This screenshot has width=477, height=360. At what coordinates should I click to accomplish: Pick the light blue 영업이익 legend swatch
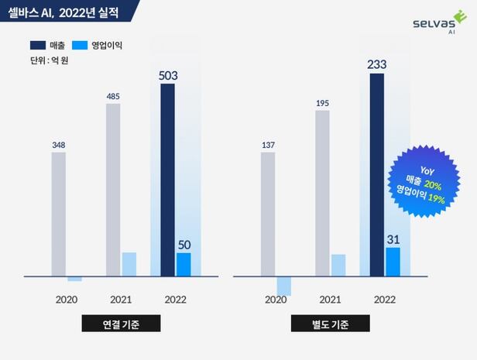(x=80, y=46)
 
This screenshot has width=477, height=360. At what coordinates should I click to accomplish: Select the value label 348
(x=59, y=144)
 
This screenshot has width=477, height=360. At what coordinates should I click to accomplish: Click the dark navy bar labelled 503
(x=167, y=179)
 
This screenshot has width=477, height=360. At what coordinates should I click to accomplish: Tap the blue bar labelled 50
(x=184, y=264)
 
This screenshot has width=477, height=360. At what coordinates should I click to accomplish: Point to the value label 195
(x=322, y=103)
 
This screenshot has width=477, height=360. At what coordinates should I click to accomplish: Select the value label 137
(x=268, y=144)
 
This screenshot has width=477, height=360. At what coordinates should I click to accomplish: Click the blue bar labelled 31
(x=393, y=262)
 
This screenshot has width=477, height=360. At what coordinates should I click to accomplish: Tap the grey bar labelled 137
(x=268, y=214)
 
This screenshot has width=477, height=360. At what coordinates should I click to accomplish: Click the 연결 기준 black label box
(x=121, y=324)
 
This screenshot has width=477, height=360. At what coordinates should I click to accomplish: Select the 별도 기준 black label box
(x=330, y=324)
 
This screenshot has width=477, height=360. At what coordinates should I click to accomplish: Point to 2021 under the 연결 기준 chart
(x=121, y=299)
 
